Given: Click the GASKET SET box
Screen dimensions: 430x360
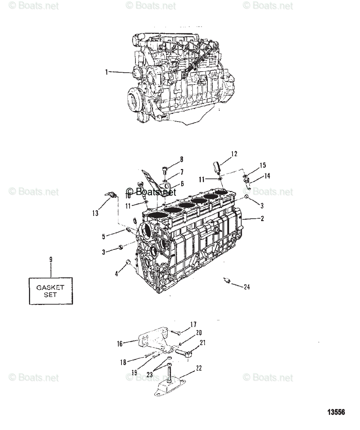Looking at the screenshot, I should tap(51, 291).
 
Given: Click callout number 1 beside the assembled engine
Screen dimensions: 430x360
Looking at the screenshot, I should tap(106, 72).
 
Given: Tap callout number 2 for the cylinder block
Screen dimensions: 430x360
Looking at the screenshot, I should tap(262, 219).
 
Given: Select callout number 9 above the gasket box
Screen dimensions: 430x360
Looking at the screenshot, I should tap(51, 259).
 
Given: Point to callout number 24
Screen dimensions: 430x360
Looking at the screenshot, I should tap(247, 287).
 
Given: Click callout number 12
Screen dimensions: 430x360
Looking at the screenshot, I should tap(234, 154).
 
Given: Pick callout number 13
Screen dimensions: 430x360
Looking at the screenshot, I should tap(95, 214).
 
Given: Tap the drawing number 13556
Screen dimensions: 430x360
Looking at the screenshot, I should tap(336, 412).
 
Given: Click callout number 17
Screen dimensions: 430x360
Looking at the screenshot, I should tap(193, 325).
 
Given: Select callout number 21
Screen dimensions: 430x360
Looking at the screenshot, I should tap(203, 343).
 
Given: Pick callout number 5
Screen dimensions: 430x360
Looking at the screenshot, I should tap(104, 236).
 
